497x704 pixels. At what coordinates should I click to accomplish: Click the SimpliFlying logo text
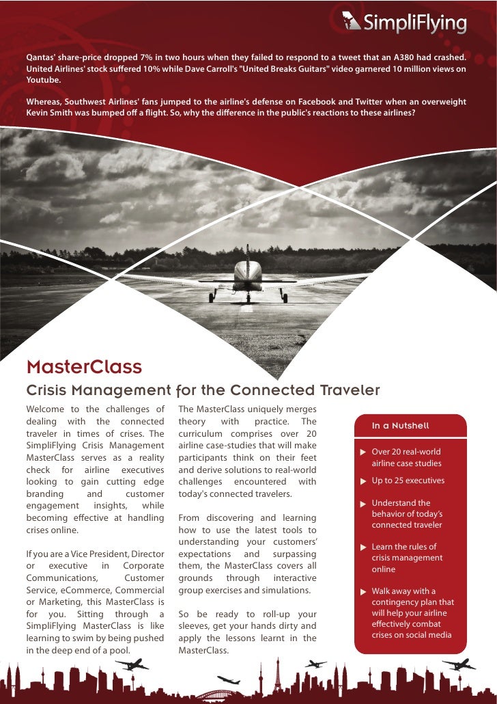tap(414, 24)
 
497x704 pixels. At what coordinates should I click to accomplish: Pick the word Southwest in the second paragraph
tap(87, 102)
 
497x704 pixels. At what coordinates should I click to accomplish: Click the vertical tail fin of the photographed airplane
tap(247, 256)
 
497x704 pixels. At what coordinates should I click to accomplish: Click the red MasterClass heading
tap(84, 368)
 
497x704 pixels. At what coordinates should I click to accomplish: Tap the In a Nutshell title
tap(400, 426)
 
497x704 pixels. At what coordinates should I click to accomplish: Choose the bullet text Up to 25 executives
tap(408, 480)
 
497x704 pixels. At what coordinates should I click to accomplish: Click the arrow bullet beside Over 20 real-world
tap(363, 452)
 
